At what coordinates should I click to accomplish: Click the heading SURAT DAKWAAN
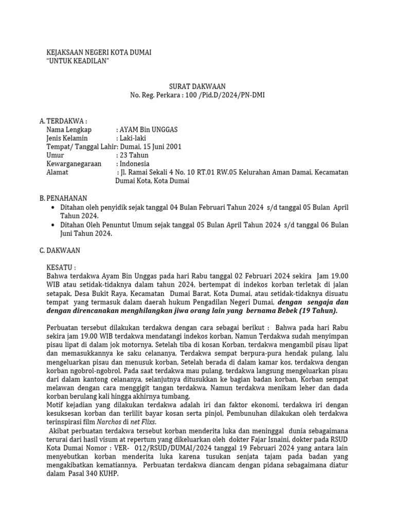197,86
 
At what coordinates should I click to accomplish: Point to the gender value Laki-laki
133,138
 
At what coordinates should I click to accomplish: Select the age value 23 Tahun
133,155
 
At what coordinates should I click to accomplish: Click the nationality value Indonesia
134,164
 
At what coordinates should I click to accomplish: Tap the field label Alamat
57,172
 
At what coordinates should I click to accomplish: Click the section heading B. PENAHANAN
63,198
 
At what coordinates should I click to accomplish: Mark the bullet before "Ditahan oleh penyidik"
54,207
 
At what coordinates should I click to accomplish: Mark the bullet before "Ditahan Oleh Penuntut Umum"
54,225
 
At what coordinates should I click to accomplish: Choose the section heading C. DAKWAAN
60,251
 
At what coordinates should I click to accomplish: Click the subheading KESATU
61,268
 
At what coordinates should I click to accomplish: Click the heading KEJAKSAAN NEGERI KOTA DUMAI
99,53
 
